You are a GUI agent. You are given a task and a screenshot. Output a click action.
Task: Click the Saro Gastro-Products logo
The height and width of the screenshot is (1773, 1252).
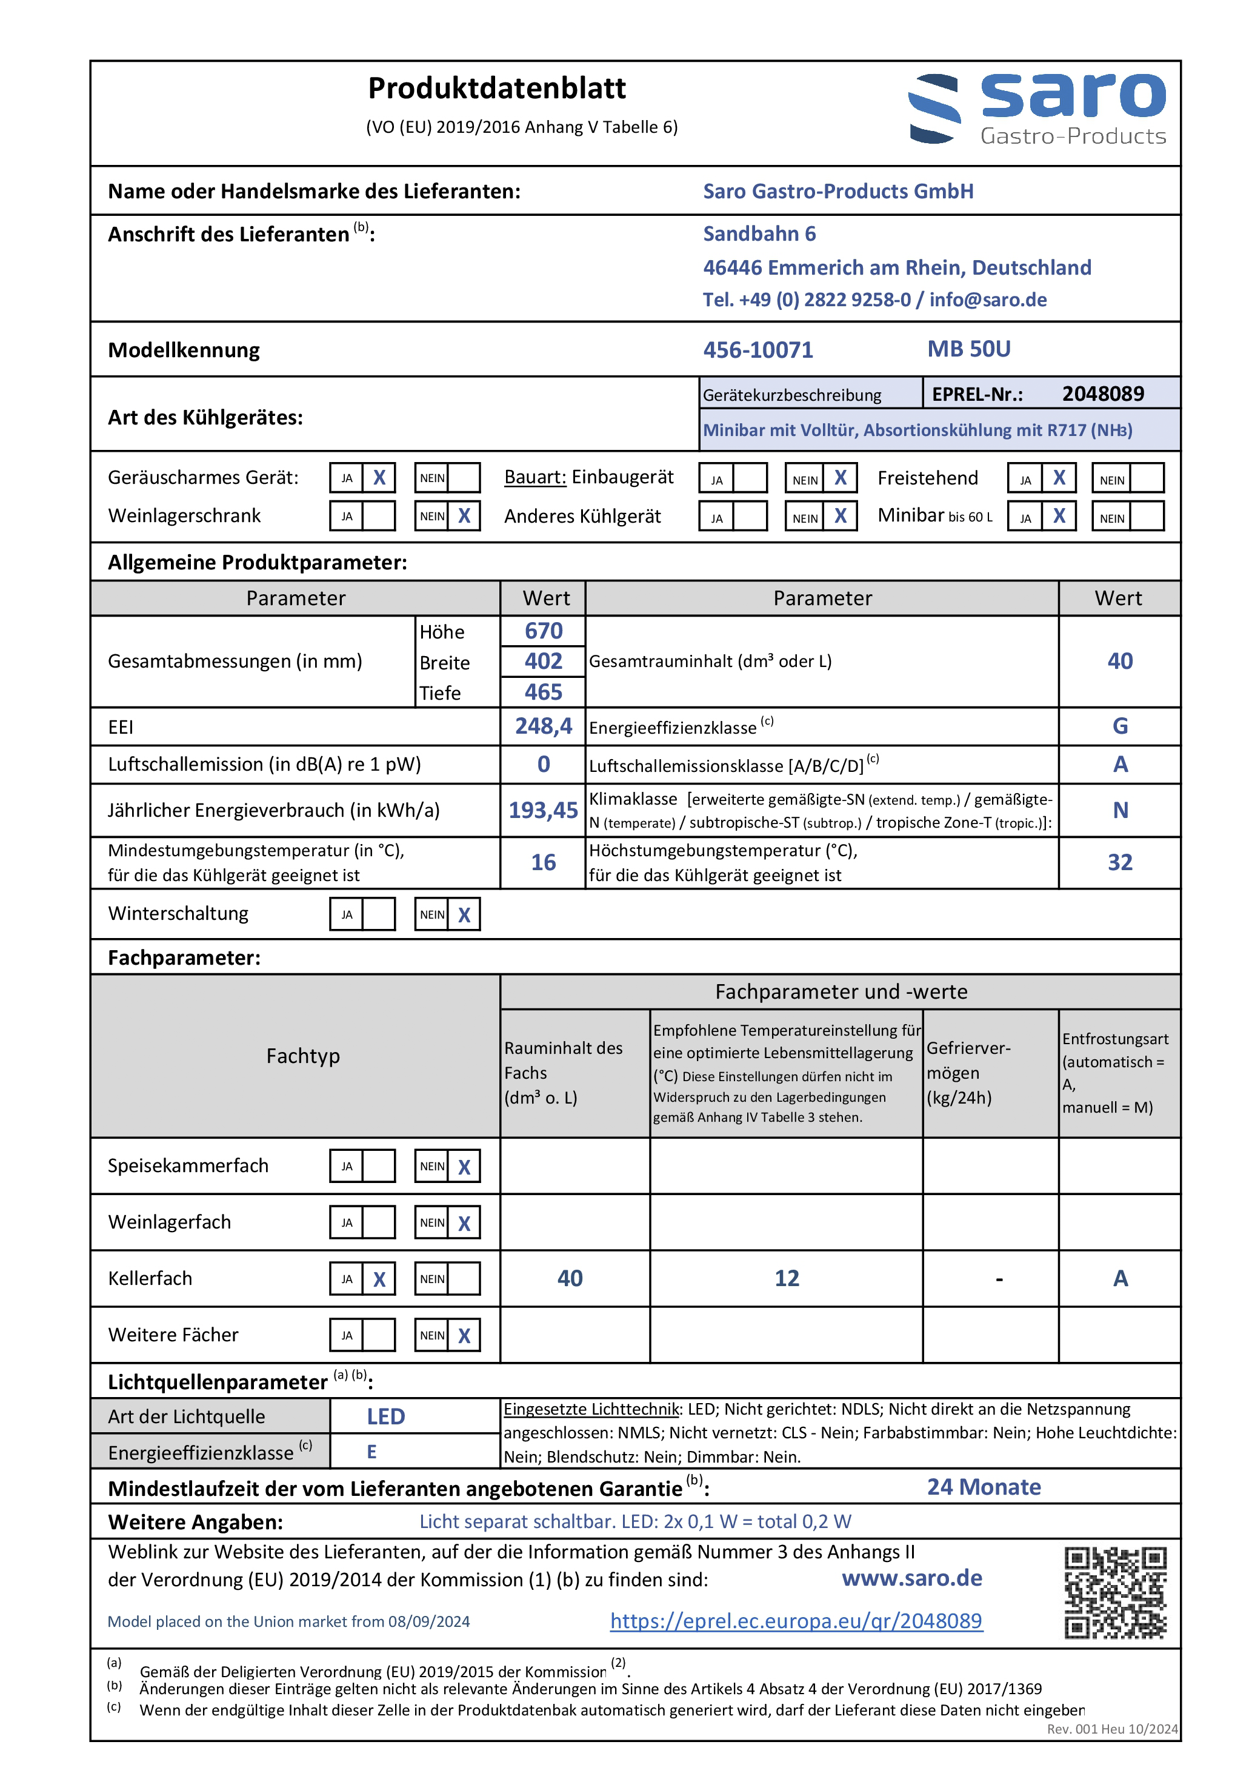click(x=1037, y=109)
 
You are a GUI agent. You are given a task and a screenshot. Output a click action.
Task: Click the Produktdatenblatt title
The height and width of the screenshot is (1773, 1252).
click(x=496, y=89)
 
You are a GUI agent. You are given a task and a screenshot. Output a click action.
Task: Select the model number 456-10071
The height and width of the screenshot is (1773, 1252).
click(x=758, y=350)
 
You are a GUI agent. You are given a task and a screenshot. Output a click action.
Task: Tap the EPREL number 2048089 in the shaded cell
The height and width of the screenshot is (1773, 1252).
click(x=1102, y=394)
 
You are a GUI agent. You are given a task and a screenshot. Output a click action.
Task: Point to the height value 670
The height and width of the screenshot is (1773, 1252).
click(x=544, y=631)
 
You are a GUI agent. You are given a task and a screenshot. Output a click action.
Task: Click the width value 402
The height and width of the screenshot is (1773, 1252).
click(x=544, y=661)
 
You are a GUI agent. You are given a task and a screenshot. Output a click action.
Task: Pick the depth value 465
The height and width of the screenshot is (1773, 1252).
click(x=544, y=692)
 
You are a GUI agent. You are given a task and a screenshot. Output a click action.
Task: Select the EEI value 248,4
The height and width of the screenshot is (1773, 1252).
click(x=544, y=726)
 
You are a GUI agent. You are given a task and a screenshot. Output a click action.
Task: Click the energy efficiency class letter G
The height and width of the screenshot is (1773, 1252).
click(x=1120, y=726)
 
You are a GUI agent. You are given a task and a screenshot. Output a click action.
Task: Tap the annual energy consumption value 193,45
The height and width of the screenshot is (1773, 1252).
click(x=544, y=810)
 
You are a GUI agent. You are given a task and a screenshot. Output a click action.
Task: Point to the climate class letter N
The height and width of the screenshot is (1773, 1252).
click(x=1120, y=810)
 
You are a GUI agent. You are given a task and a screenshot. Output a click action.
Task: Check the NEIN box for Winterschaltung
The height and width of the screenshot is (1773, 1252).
click(x=464, y=915)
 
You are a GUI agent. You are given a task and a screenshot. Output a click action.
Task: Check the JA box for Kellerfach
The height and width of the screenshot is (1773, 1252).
click(x=379, y=1279)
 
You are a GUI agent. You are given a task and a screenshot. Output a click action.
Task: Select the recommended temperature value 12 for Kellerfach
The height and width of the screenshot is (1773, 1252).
click(x=787, y=1279)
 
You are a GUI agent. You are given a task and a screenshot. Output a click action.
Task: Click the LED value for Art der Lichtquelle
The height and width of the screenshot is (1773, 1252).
click(x=386, y=1416)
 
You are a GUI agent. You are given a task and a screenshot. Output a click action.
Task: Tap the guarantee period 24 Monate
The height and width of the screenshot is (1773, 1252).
click(x=984, y=1487)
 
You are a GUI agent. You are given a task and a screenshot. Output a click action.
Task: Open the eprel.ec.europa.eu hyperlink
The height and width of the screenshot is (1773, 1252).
click(x=796, y=1620)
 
